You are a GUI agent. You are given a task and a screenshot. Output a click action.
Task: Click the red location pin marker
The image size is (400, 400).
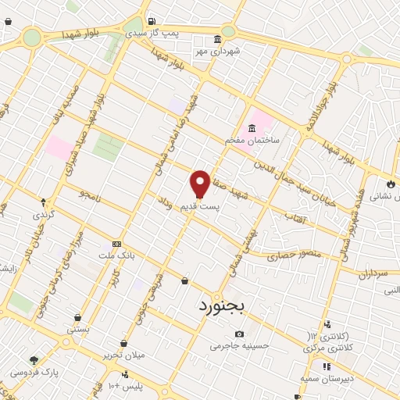(x=200, y=184)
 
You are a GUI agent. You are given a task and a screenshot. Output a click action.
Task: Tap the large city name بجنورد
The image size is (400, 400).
(x=217, y=305)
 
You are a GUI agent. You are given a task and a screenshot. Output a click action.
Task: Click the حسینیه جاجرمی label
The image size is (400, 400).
(x=240, y=345)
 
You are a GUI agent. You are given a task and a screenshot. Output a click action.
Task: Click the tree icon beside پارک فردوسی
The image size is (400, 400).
(x=34, y=360)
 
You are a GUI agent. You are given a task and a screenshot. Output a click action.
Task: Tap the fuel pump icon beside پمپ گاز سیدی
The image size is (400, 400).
(x=152, y=22)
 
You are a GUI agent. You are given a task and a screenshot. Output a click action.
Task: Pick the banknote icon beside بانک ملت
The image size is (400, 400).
(x=117, y=243)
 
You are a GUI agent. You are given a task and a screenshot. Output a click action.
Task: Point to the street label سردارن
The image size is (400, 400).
(x=373, y=274)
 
